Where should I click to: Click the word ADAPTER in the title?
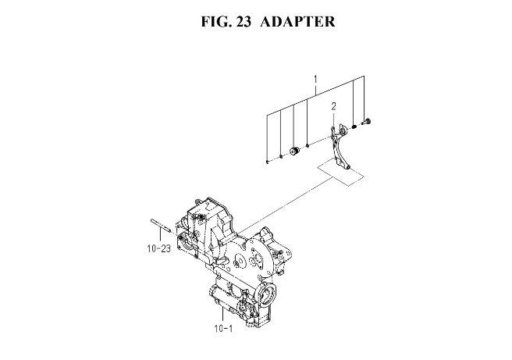[x=297, y=22]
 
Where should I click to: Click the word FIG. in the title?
[x=215, y=22]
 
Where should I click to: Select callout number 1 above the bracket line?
[x=315, y=80]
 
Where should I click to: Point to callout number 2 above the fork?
[x=333, y=106]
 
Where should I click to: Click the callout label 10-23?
[x=159, y=248]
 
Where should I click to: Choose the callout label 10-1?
[x=224, y=329]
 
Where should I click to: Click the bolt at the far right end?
[x=366, y=123]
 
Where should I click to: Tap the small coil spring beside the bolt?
[x=354, y=127]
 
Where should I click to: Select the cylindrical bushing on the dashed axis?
[x=295, y=151]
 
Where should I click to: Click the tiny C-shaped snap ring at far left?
[x=267, y=162]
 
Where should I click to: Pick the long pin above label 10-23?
[x=160, y=225]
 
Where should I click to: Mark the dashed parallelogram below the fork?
[x=340, y=173]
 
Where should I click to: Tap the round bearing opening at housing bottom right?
[x=268, y=293]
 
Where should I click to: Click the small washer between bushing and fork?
[x=308, y=145]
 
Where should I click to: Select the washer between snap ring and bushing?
[x=281, y=157]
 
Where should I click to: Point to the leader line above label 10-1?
[x=222, y=314]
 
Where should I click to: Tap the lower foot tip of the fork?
[x=348, y=168]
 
